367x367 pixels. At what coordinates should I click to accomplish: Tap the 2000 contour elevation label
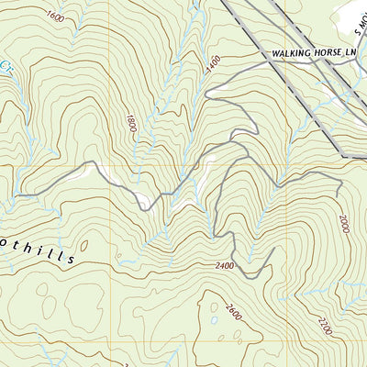[343, 224]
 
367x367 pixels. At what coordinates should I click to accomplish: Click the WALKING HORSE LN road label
[311, 54]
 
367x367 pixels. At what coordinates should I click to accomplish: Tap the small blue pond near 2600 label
[213, 320]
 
